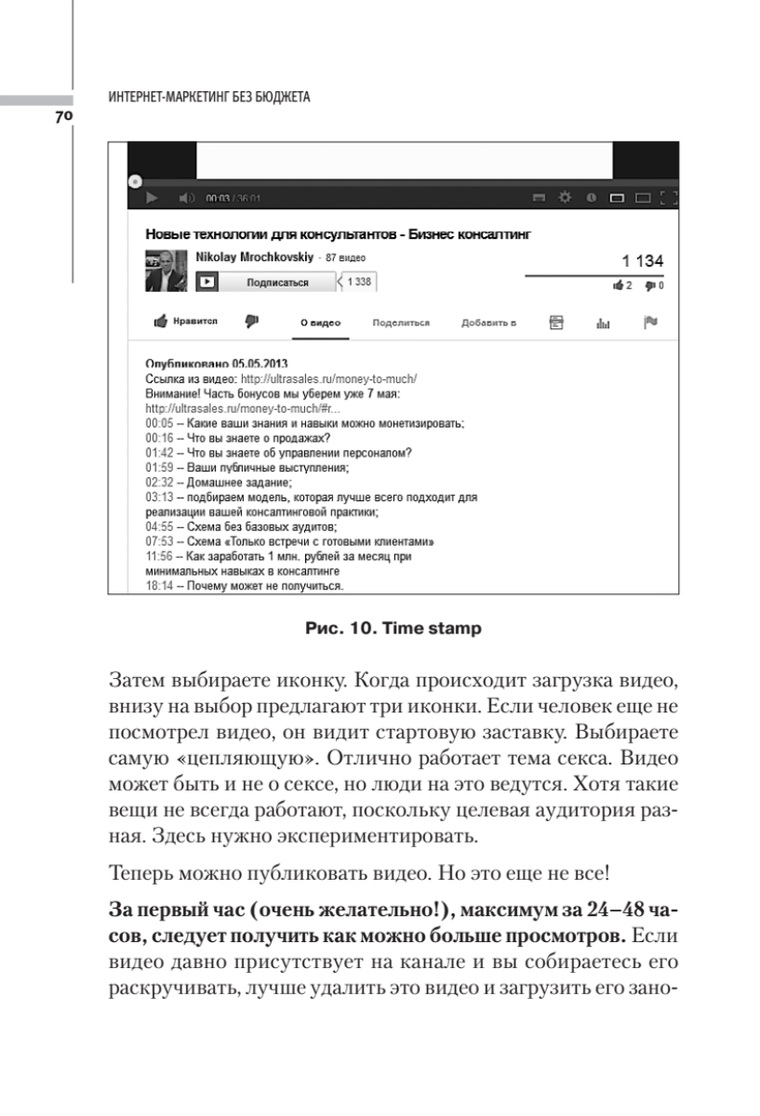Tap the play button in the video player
tap(152, 197)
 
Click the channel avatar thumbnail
tap(166, 271)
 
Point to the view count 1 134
tap(643, 262)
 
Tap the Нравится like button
tap(185, 322)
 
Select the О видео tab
tap(320, 323)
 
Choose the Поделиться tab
tap(400, 323)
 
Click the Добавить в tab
tap(487, 323)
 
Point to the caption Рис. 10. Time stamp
tap(393, 629)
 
